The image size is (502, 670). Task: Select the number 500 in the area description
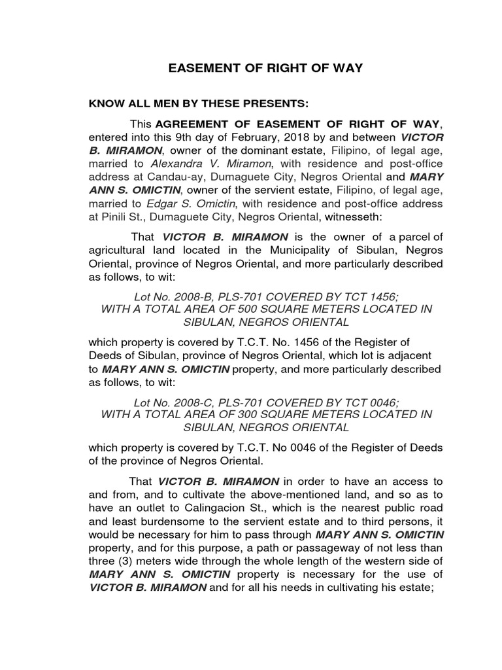242,309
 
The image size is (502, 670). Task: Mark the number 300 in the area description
242,415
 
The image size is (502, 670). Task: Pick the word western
385,561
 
